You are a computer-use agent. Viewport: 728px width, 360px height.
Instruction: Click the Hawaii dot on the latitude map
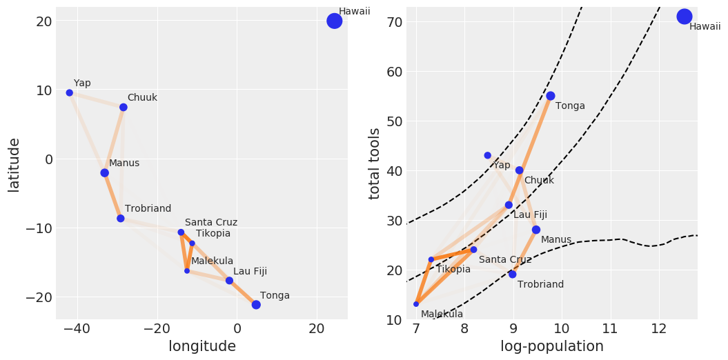pyautogui.click(x=334, y=21)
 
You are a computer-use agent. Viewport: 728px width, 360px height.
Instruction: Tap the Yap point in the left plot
pyautogui.click(x=70, y=92)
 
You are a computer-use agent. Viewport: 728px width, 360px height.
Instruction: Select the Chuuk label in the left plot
pyautogui.click(x=142, y=98)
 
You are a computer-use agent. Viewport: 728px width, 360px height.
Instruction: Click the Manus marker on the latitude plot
pyautogui.click(x=105, y=173)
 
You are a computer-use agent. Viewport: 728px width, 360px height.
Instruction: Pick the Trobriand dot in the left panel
pyautogui.click(x=121, y=219)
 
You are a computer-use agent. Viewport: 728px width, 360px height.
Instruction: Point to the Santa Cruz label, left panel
pyautogui.click(x=211, y=223)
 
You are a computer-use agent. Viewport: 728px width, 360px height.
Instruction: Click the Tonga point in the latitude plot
pyautogui.click(x=256, y=305)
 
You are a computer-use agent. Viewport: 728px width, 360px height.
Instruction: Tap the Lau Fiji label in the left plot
pyautogui.click(x=250, y=272)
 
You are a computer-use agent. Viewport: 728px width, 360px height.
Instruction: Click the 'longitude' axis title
pyautogui.click(x=202, y=347)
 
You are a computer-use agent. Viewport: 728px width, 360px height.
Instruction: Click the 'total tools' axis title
pyautogui.click(x=375, y=163)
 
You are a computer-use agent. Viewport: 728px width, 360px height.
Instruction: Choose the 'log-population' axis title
pyautogui.click(x=552, y=347)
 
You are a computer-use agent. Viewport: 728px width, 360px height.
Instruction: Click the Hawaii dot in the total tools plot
pyautogui.click(x=685, y=17)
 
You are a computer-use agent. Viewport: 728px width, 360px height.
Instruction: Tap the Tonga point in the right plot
pyautogui.click(x=551, y=96)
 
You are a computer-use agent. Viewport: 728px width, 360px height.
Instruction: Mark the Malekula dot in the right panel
pyautogui.click(x=416, y=304)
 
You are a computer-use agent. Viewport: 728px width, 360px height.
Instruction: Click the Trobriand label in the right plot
pyautogui.click(x=540, y=285)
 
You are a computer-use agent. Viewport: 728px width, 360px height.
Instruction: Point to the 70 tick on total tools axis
pyautogui.click(x=393, y=21)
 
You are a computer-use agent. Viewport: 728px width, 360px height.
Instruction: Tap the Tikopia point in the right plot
pyautogui.click(x=431, y=259)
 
